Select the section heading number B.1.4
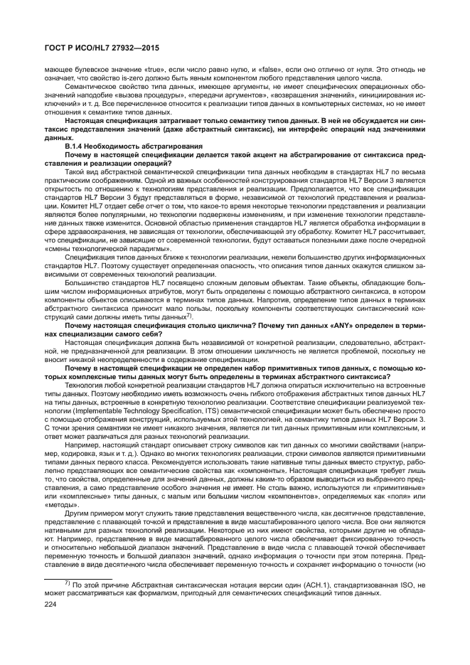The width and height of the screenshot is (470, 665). tap(75, 145)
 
